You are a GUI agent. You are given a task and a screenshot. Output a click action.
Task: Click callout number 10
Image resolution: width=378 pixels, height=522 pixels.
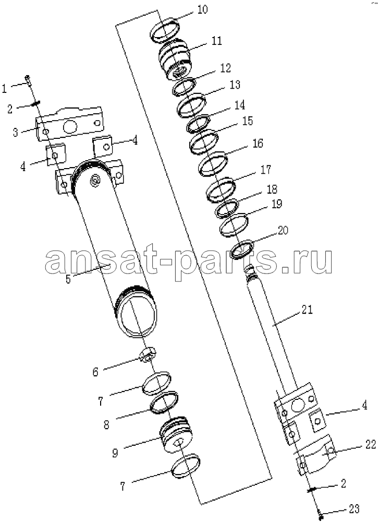click(202, 9)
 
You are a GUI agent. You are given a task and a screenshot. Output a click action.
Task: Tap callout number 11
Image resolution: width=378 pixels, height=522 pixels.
click(216, 41)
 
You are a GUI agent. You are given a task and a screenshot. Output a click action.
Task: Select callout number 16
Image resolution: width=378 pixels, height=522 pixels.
click(258, 143)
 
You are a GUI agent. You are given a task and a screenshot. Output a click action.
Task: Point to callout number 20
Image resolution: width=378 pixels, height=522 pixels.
click(283, 230)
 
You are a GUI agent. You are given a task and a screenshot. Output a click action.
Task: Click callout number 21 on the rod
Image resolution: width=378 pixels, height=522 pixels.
click(307, 310)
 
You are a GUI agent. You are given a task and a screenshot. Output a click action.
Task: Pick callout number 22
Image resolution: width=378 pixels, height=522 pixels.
click(370, 444)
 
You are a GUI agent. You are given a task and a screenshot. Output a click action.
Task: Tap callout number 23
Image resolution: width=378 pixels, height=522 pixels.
click(355, 508)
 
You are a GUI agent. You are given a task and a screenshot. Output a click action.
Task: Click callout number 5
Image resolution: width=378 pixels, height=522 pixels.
click(68, 279)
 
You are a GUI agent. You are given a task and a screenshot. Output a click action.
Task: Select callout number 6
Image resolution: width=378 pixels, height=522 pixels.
click(95, 372)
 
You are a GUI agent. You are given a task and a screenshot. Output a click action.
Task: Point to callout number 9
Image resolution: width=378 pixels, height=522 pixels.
click(115, 453)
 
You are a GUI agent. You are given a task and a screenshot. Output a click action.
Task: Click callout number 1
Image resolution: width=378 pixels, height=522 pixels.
click(4, 89)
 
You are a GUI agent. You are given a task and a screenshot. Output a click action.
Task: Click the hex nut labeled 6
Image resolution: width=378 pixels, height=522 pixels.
click(147, 355)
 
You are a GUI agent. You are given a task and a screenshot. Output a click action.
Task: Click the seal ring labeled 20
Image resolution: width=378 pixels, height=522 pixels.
click(242, 250)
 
